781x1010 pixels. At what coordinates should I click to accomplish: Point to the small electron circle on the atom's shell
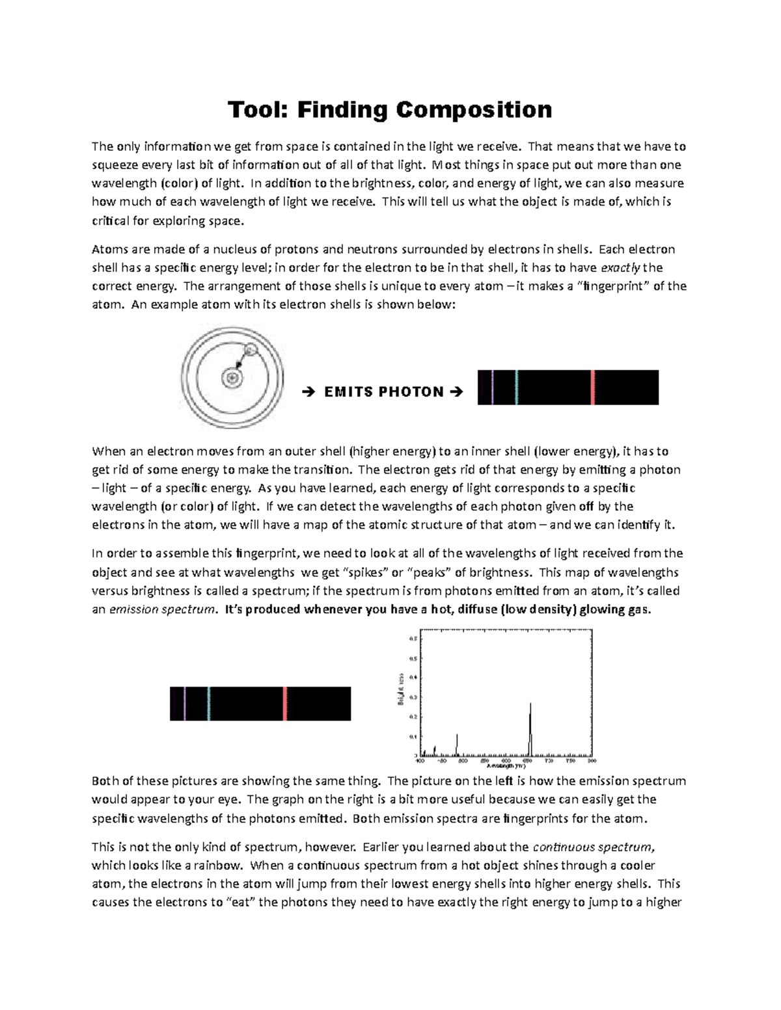(250, 351)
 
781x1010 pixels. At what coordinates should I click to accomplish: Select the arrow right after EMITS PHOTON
(456, 392)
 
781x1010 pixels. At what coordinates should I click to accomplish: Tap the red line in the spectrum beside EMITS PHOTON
(593, 388)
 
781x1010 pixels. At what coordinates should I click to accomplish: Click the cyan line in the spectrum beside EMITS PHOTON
(516, 388)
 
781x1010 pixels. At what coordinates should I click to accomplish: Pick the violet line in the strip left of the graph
(185, 704)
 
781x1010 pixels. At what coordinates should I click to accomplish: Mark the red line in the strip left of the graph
(285, 704)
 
